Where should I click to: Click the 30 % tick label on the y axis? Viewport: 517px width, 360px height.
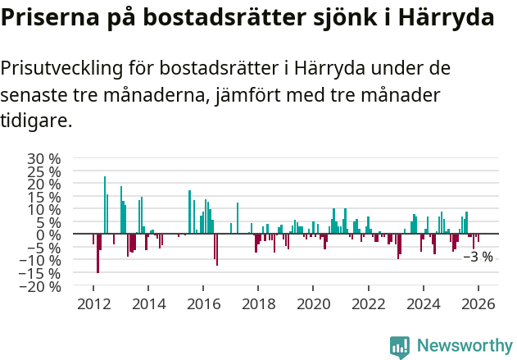coord(45,157)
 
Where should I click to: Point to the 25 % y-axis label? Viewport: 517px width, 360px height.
coord(45,171)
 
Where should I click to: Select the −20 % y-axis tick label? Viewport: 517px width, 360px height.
coord(42,286)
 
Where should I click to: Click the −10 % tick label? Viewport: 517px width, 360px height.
coord(42,260)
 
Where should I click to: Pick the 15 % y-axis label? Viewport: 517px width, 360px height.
coord(45,196)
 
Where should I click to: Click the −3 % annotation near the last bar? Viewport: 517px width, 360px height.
coord(478,257)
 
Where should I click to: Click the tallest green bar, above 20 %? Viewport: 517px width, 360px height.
coord(105,205)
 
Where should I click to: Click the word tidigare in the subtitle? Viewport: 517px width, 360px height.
coord(36,121)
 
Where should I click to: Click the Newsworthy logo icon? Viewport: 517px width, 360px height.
coord(400,347)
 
